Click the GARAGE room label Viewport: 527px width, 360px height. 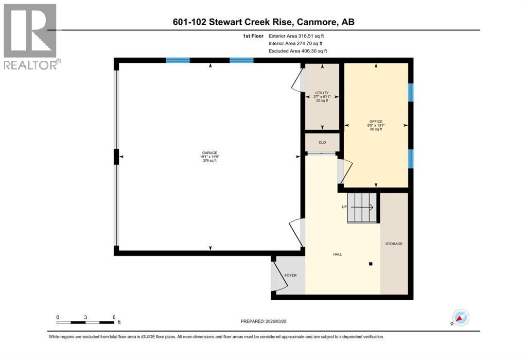pos(209,153)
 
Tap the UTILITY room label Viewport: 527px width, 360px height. pos(322,93)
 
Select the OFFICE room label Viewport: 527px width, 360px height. pos(376,122)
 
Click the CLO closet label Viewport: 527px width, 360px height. pos(322,142)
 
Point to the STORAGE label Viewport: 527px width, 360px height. pos(394,244)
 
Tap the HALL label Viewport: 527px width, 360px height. pos(337,254)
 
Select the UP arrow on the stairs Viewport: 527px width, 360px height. pos(363,207)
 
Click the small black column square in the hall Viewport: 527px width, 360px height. pos(370,264)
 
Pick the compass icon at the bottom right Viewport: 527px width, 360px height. pos(460,317)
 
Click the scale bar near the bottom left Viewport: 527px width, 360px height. pos(85,322)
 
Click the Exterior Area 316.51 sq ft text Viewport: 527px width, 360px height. pos(296,36)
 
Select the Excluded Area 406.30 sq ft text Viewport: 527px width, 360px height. pos(297,51)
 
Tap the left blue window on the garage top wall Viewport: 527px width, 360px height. pos(178,60)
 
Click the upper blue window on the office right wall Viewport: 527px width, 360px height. pos(410,92)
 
